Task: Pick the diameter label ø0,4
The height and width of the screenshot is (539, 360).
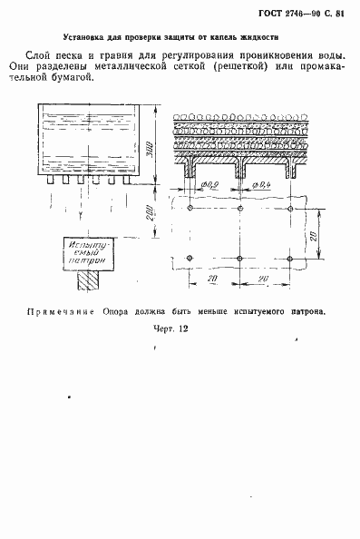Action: coord(259,187)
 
